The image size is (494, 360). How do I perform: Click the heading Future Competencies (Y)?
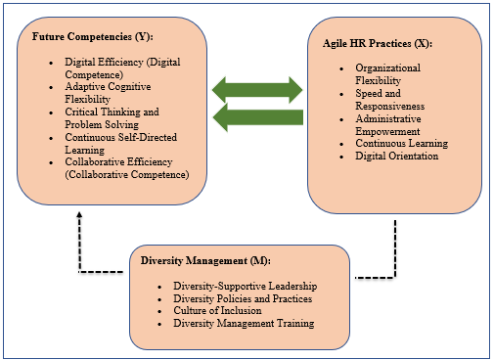pos(93,36)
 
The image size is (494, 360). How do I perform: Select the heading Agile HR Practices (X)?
pos(378,44)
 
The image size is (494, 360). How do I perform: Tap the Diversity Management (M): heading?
pos(205,261)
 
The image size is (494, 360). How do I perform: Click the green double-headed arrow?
pos(257,90)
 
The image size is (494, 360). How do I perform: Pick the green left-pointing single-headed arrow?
pos(258,117)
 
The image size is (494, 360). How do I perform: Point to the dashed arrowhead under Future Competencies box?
pos(79,214)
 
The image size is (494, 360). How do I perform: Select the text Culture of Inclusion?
pos(217,310)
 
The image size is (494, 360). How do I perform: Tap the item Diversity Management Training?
pos(244,323)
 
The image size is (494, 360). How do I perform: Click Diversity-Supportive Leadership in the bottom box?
pos(246,286)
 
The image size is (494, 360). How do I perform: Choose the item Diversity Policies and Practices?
pos(243,298)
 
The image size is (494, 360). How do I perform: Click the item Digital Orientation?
pos(397,156)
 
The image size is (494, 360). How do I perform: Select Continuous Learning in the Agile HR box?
pos(402,143)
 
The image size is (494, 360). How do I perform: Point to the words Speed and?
pos(378,93)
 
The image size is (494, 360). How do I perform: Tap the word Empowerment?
pos(387,131)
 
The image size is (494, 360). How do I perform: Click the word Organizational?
pos(387,67)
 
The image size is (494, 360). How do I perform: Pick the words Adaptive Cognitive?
pos(108,87)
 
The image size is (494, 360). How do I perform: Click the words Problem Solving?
pos(102,124)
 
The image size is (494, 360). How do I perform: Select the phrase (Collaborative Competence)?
pos(127,175)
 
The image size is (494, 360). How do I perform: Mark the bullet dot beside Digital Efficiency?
pos(51,63)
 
